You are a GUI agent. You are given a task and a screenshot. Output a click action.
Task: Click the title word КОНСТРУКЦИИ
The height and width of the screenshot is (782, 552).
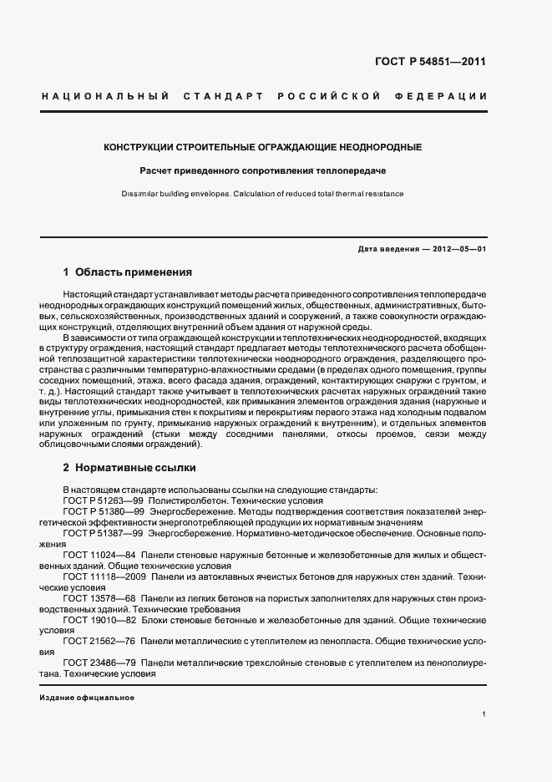pyautogui.click(x=137, y=147)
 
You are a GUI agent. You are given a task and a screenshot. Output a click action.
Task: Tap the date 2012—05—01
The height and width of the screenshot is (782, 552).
pyautogui.click(x=458, y=249)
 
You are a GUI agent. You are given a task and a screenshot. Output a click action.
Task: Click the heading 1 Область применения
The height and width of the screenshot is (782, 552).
pyautogui.click(x=128, y=272)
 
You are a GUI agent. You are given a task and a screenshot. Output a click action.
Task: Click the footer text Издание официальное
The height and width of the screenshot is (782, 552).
pyautogui.click(x=87, y=697)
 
